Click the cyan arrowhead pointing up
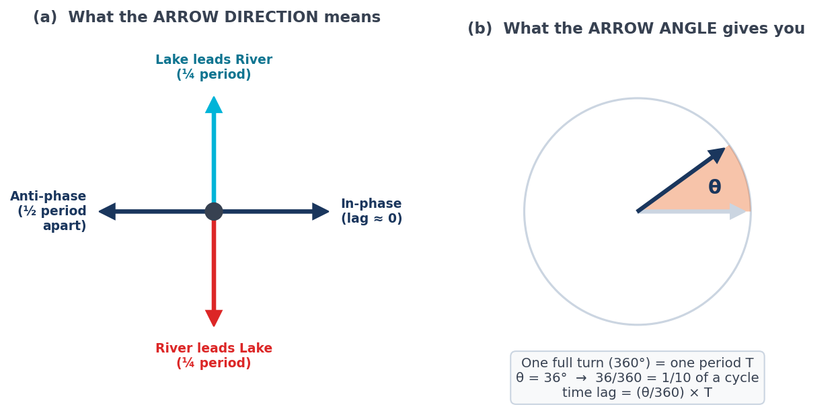(x=214, y=106)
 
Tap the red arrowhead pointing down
(x=214, y=318)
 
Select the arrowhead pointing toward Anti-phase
(x=108, y=212)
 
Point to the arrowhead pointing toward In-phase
(x=321, y=212)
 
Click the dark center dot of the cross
(x=214, y=212)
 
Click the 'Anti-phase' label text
(x=48, y=196)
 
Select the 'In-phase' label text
(x=371, y=203)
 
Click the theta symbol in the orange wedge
(x=715, y=186)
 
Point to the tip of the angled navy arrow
(x=726, y=148)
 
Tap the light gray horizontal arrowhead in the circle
(x=738, y=212)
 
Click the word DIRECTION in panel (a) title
(x=236, y=17)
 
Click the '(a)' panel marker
(x=45, y=17)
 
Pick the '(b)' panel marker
(x=480, y=28)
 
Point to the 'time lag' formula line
(x=637, y=392)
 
